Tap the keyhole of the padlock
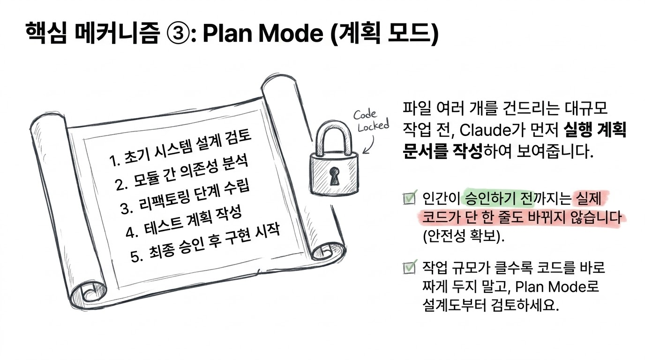tap(334, 176)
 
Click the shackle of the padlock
tap(334, 138)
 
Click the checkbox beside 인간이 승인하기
tap(409, 198)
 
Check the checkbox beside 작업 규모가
tap(409, 268)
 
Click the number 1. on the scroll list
tap(114, 162)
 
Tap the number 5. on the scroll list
tap(136, 256)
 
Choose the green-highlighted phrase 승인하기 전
tap(500, 198)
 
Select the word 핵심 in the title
tap(46, 33)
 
